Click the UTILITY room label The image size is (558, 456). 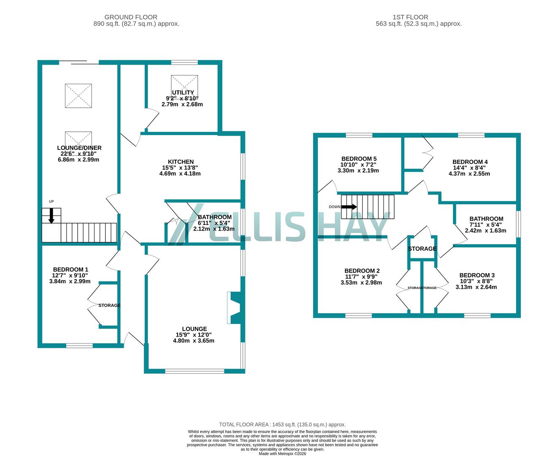point(183,92)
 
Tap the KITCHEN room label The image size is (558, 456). point(181,162)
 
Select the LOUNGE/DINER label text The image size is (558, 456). point(79,148)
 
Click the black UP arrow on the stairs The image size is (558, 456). point(51,215)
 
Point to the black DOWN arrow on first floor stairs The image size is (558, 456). point(349,207)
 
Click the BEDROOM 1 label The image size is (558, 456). point(70,269)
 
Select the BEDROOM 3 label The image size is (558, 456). point(477,275)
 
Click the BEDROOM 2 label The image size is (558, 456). point(362,271)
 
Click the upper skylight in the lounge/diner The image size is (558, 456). point(78,96)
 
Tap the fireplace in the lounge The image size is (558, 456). point(233,308)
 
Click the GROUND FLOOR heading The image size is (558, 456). point(131,17)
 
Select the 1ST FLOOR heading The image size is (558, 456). point(410,17)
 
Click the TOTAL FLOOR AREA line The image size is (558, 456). point(282,424)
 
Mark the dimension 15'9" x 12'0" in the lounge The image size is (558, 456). point(194,335)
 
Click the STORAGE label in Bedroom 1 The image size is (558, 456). point(109,305)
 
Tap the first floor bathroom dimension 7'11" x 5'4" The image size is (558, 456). point(485,225)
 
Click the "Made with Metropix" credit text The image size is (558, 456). point(282,453)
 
